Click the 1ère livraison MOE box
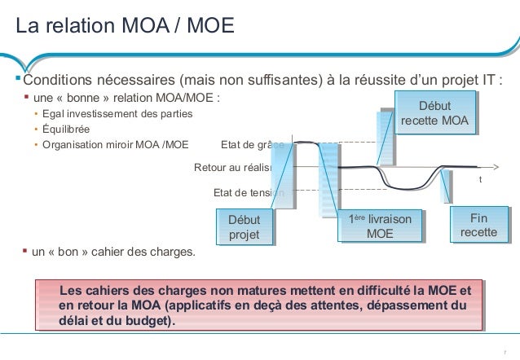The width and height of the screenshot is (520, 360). tap(380, 226)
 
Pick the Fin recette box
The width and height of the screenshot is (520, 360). tap(478, 225)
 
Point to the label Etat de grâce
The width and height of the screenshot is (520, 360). tap(252, 147)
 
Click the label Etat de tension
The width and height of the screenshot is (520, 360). tap(247, 193)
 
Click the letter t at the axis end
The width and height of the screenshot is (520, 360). tap(480, 179)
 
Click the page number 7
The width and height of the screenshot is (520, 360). tap(505, 350)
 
